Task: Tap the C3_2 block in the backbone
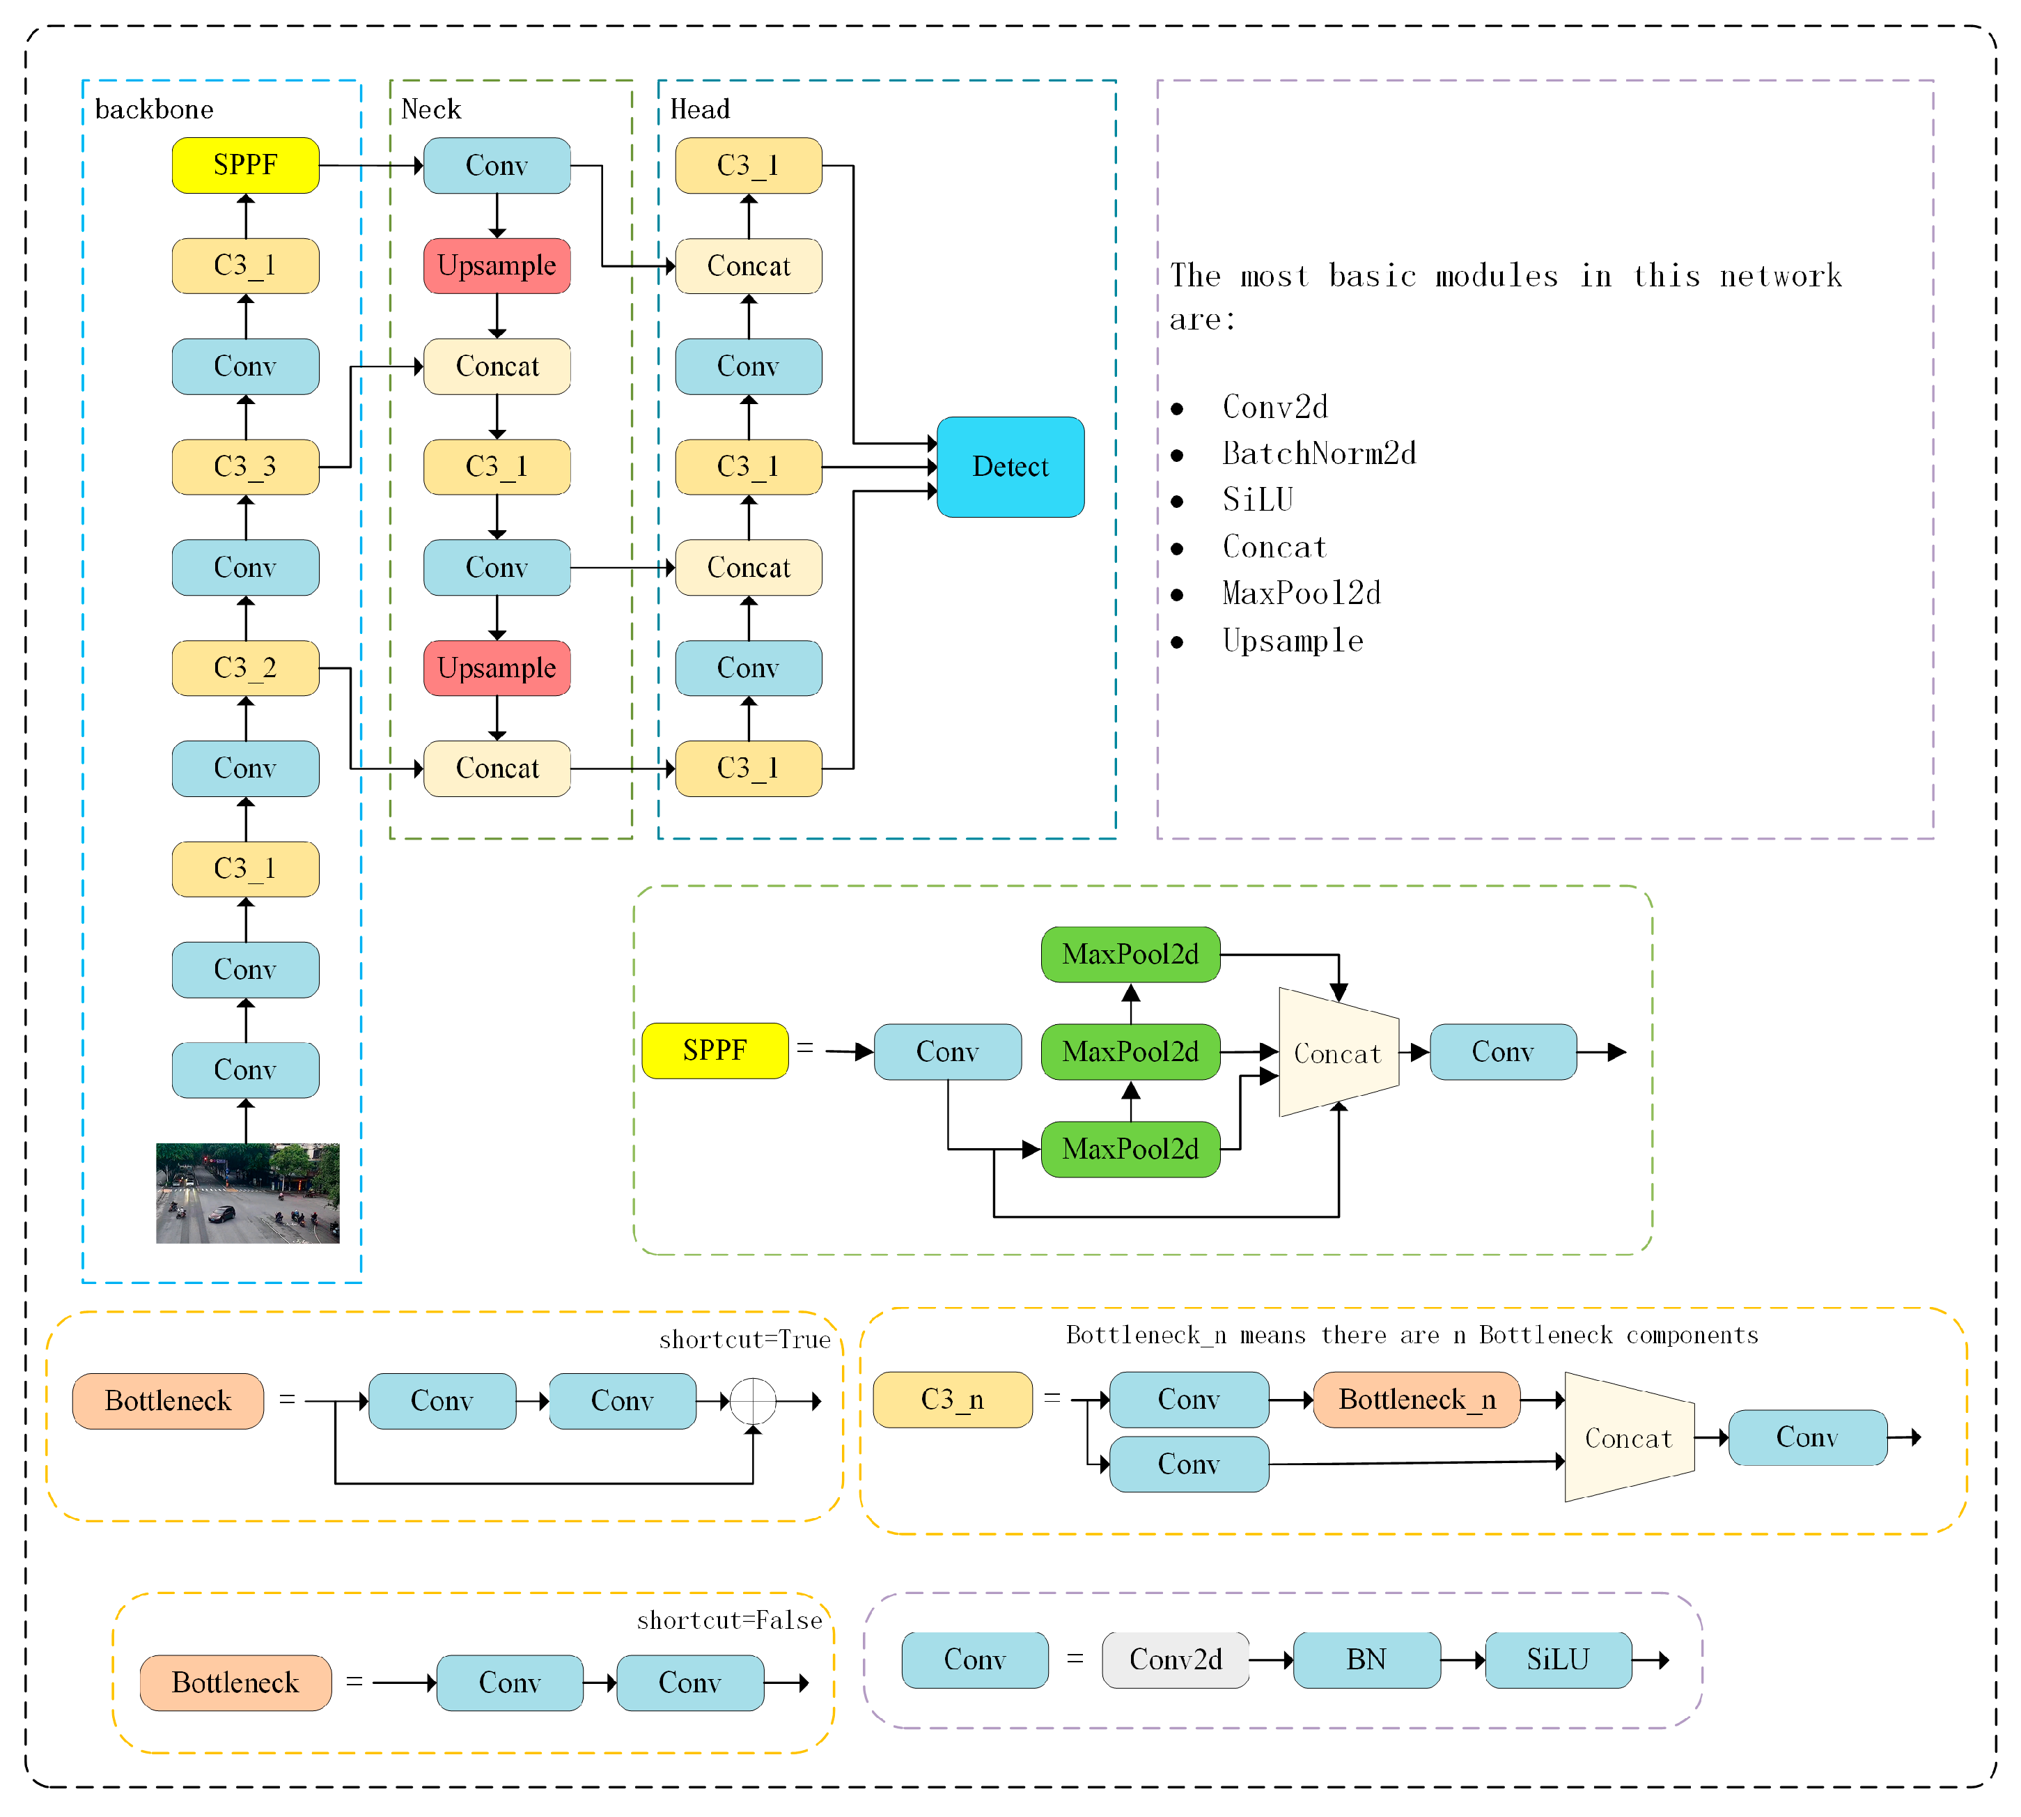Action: click(x=246, y=668)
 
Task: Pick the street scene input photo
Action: click(x=247, y=1193)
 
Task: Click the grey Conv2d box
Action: click(x=1175, y=1660)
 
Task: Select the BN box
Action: click(x=1366, y=1660)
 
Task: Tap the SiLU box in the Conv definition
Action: click(x=1558, y=1660)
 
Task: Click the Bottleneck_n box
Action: click(x=1417, y=1400)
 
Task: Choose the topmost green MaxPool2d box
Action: click(x=1130, y=954)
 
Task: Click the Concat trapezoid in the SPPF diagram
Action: click(x=1337, y=1053)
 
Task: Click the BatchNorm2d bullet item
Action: click(x=1318, y=454)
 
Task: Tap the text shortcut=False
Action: click(x=730, y=1621)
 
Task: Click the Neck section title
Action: click(x=431, y=109)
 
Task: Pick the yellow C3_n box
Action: click(x=952, y=1400)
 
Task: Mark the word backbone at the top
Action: click(x=154, y=109)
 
